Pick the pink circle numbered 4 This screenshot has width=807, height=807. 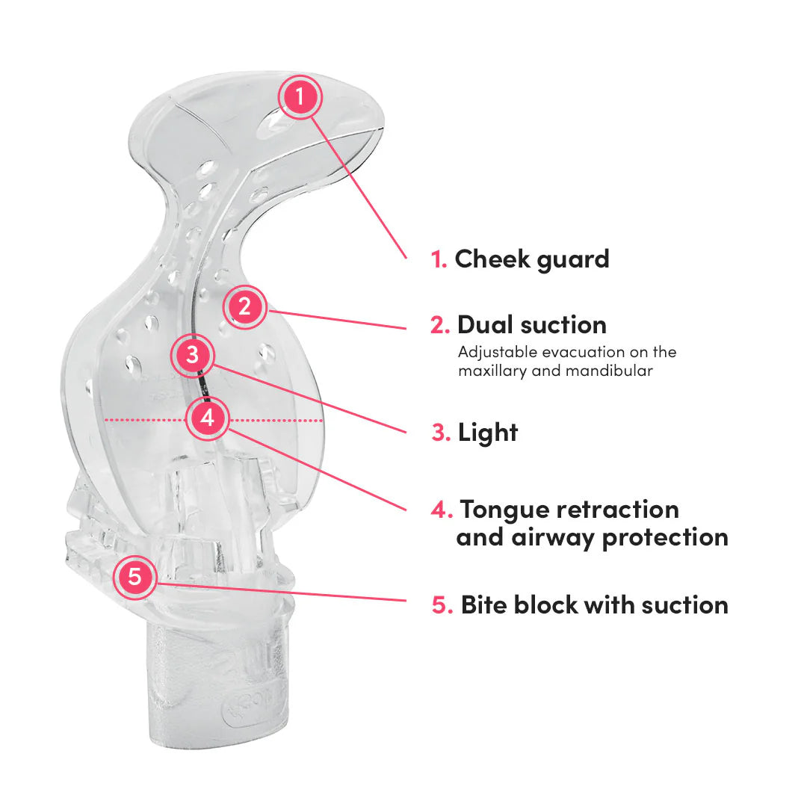(x=208, y=418)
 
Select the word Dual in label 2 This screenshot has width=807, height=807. (x=486, y=325)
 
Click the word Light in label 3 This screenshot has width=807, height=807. (x=488, y=432)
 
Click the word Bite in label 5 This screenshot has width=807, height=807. (x=487, y=605)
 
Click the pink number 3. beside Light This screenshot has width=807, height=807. (x=441, y=432)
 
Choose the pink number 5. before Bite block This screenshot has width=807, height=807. (x=442, y=605)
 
